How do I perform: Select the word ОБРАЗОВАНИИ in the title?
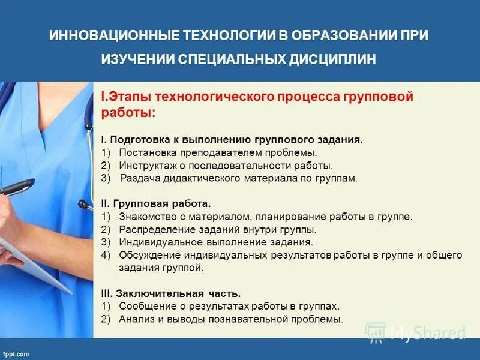coord(338,34)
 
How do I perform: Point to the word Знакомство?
coord(147,217)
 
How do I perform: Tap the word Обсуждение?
coord(148,255)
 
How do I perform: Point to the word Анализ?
coord(136,319)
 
